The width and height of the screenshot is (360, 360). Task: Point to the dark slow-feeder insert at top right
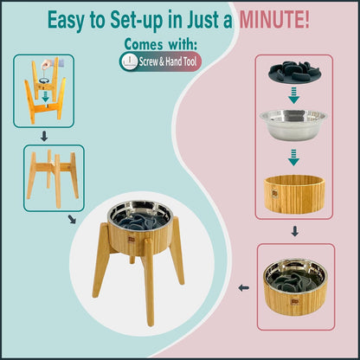click(293, 74)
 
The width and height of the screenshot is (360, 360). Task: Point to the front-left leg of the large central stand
click(102, 285)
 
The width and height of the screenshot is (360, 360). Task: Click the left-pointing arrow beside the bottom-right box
click(244, 289)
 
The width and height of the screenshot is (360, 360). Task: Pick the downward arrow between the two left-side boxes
click(42, 136)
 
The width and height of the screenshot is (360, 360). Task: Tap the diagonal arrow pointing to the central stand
click(71, 220)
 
